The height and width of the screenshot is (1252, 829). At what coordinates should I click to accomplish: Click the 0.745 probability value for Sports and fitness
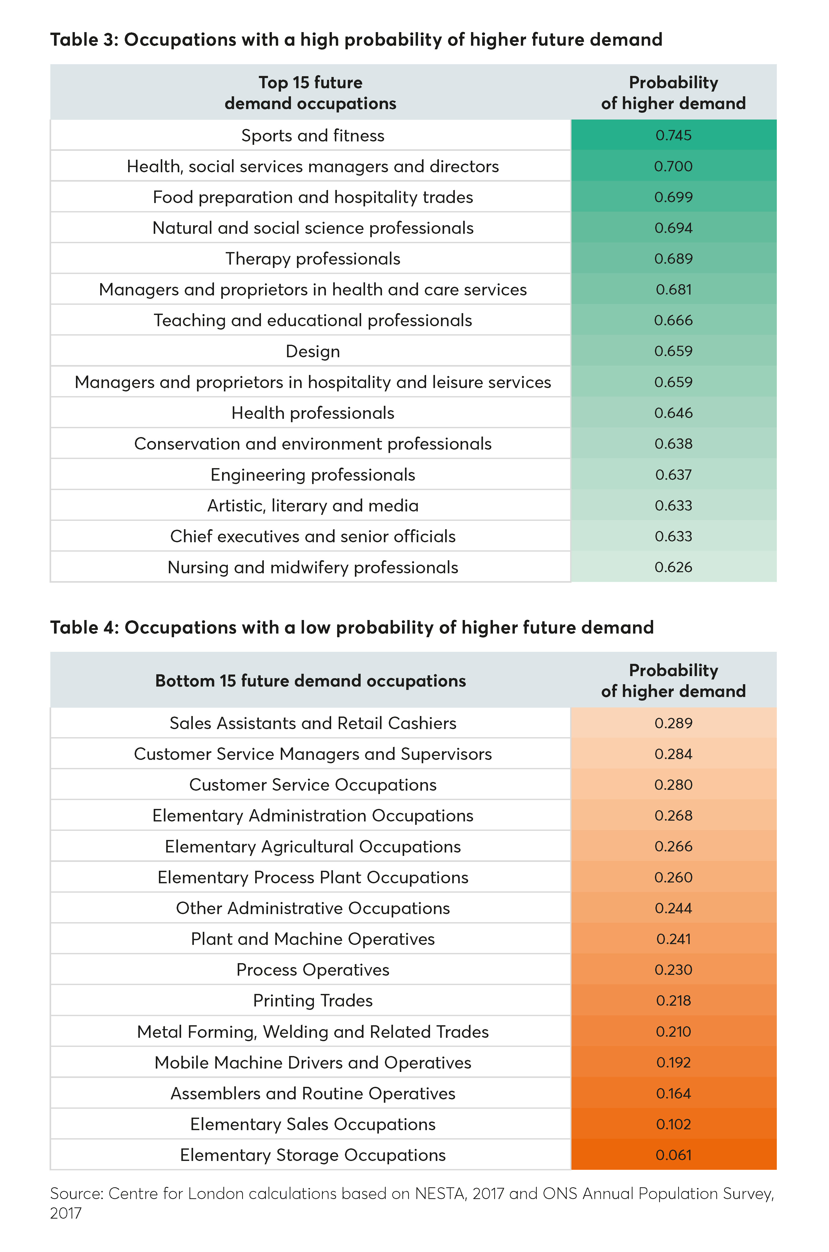(x=673, y=135)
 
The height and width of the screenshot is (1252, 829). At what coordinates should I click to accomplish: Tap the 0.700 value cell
(x=673, y=166)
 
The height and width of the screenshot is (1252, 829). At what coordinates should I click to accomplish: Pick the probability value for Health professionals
(x=673, y=413)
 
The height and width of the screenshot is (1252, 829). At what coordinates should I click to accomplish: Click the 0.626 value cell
(x=673, y=567)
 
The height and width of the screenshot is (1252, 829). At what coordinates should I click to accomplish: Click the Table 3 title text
(x=356, y=40)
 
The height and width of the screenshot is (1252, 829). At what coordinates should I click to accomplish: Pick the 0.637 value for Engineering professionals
(x=673, y=475)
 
